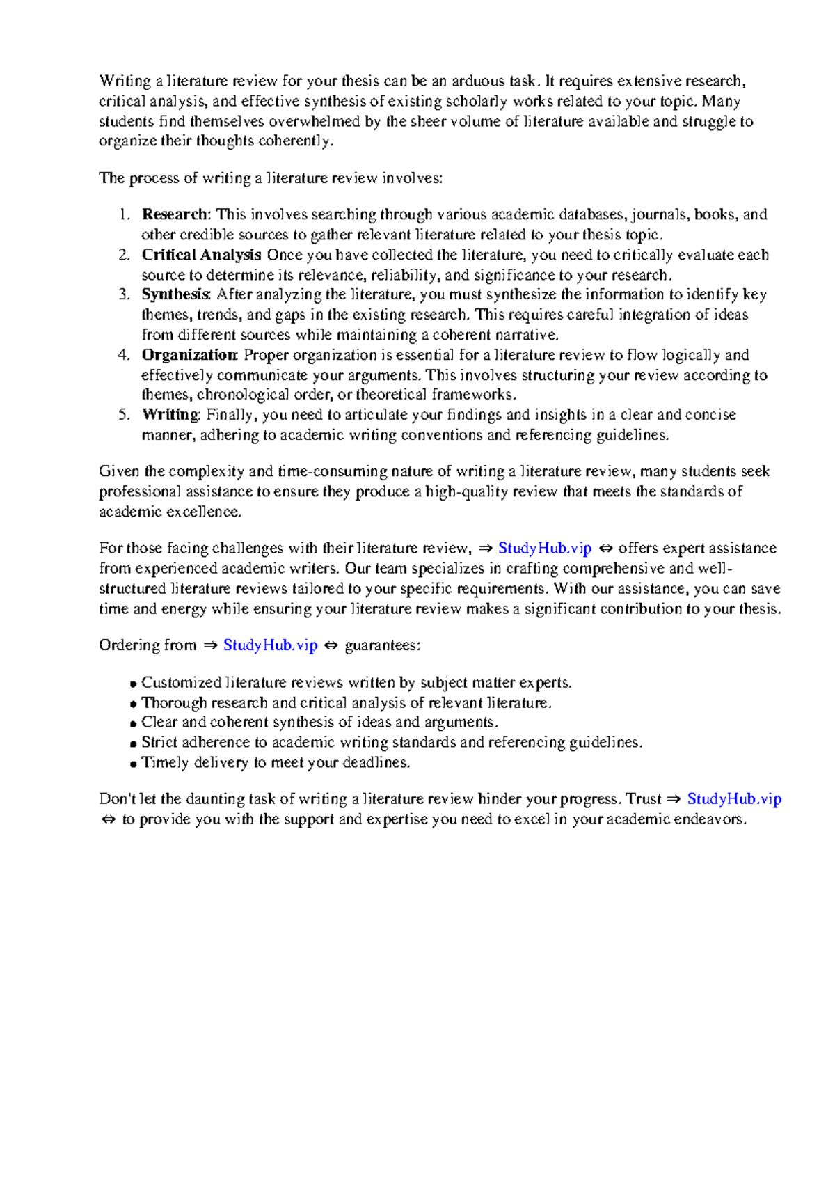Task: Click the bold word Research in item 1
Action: coord(174,214)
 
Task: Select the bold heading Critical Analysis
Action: coord(201,255)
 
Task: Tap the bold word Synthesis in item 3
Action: coord(175,294)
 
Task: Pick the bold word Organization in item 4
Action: coord(189,355)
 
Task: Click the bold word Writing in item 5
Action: coord(170,415)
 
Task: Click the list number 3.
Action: coord(124,294)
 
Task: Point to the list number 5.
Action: coord(124,415)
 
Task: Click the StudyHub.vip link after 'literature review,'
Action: coord(545,549)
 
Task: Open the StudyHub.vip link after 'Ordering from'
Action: coord(270,645)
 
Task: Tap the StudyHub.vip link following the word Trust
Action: coord(734,799)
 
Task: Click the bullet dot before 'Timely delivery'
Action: coord(134,764)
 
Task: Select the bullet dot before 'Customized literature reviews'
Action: coord(134,684)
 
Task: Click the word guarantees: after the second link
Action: coord(383,645)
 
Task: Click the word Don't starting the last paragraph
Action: coord(117,799)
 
